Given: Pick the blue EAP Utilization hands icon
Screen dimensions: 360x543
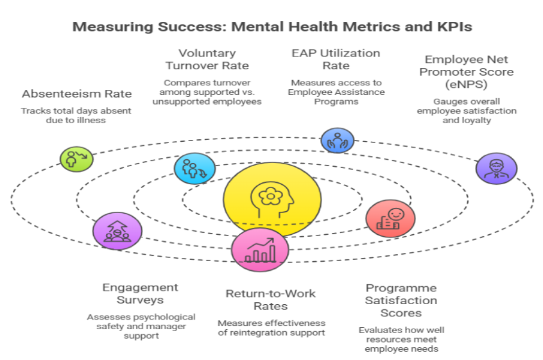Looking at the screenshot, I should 336,140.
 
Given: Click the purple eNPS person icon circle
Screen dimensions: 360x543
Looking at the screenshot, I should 496,168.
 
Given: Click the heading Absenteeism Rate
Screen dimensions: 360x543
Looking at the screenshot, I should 76,94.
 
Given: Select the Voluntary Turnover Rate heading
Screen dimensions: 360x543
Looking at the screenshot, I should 207,59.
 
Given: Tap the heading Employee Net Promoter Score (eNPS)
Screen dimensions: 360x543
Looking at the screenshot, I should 467,72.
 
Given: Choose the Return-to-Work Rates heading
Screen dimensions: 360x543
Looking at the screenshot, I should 270,300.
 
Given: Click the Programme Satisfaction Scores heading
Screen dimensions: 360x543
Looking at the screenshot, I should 401,300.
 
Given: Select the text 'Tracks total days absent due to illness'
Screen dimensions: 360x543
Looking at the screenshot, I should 76,116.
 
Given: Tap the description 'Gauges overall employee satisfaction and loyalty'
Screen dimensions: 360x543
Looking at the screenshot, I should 467,110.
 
